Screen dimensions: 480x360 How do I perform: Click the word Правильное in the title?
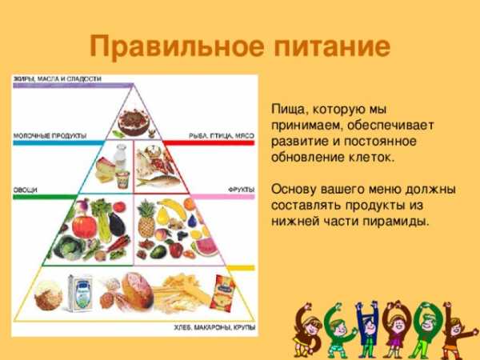click(x=177, y=47)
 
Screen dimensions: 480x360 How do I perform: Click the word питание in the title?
click(x=332, y=46)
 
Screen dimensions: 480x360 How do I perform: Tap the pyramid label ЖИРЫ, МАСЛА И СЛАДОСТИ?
click(x=58, y=79)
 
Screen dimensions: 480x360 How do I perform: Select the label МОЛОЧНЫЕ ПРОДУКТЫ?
click(x=50, y=136)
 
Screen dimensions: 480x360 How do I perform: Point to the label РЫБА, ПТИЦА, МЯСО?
click(x=222, y=136)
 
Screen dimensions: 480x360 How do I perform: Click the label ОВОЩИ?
click(x=25, y=190)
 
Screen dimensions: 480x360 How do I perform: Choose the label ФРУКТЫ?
click(x=242, y=190)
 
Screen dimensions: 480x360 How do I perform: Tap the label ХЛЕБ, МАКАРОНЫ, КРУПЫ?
click(x=214, y=327)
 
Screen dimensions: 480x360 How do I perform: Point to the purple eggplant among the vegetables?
click(x=118, y=224)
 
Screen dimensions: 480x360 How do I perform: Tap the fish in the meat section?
click(x=158, y=182)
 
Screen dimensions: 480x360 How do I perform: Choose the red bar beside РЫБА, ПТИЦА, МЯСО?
click(x=208, y=142)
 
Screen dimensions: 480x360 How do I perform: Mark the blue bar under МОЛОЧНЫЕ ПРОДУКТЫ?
click(x=58, y=142)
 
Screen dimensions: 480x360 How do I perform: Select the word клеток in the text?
click(x=372, y=158)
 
